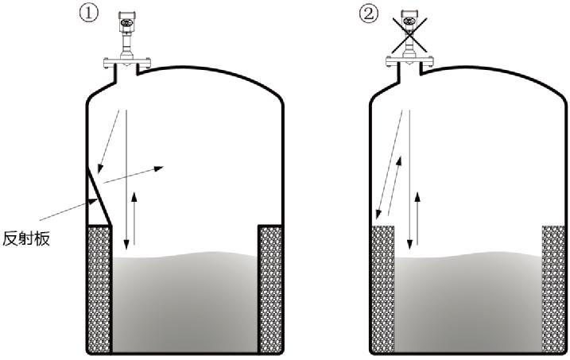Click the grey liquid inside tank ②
pyautogui.click(x=469, y=302)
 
